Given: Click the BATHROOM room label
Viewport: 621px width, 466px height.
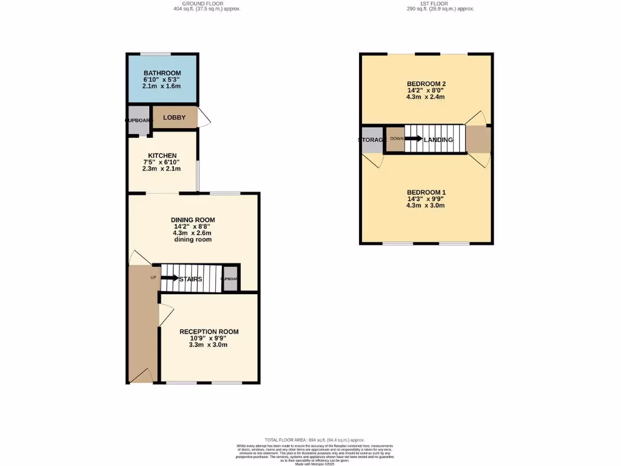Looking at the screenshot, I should (162, 73).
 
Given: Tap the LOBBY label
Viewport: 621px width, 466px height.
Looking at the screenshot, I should (174, 118).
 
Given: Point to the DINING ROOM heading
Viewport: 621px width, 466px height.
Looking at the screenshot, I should (193, 220).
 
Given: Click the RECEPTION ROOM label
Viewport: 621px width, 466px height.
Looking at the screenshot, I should (209, 332).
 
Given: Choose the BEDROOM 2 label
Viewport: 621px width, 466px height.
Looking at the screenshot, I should (426, 84).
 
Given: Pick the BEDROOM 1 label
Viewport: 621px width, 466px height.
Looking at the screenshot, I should (426, 192).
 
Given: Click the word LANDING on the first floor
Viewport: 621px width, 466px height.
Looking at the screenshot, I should (438, 140).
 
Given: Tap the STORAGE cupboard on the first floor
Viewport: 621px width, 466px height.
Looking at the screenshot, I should (372, 140).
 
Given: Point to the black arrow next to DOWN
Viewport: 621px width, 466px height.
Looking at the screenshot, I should (414, 138).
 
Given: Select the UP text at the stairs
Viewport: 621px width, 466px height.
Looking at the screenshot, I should (153, 277).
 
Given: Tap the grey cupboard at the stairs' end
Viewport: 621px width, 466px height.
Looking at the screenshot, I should (230, 279).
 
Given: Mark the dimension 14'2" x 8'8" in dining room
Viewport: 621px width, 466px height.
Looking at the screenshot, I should (193, 227).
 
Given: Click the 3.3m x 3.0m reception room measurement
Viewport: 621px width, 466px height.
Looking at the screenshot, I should (209, 345).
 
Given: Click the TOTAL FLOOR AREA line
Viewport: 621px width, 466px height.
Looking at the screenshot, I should (315, 440).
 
